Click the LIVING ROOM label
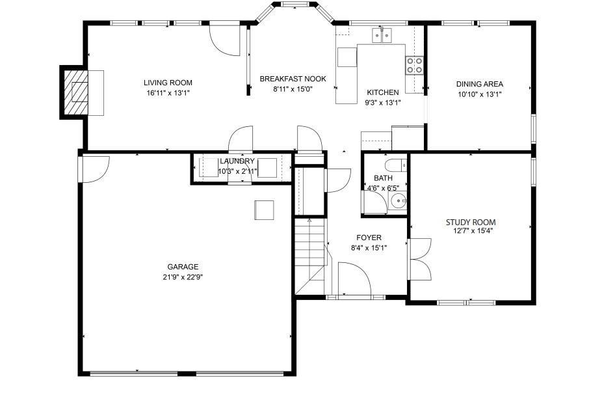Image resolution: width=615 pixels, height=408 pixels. [x=168, y=83]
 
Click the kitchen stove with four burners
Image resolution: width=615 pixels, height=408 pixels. [x=414, y=64]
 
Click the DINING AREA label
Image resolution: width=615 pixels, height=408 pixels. [x=479, y=84]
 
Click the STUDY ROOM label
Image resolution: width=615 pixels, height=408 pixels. [x=470, y=222]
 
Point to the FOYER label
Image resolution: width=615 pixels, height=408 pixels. [x=369, y=238]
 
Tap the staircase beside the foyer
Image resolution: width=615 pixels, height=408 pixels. [x=309, y=257]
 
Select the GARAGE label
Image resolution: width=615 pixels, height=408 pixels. [x=183, y=267]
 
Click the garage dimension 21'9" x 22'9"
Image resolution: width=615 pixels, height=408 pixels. [x=183, y=277]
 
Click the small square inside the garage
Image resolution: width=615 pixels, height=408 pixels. [x=265, y=210]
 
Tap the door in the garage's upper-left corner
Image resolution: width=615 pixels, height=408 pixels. [x=93, y=168]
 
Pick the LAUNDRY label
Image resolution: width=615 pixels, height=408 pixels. [x=237, y=161]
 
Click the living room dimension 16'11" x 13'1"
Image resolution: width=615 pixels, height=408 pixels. [x=168, y=92]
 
